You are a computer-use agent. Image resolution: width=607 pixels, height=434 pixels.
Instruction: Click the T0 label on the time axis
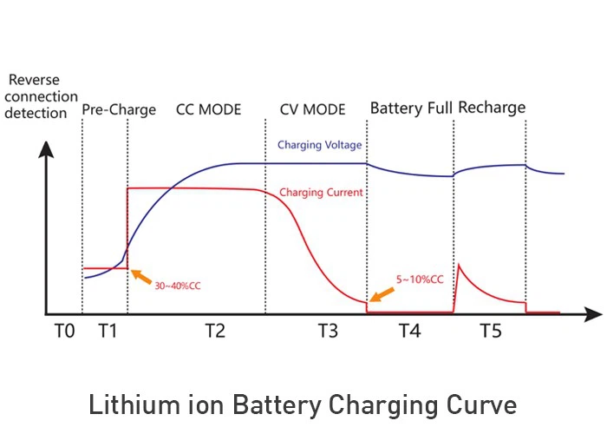click(63, 331)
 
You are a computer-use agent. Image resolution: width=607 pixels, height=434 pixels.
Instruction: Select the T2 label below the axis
click(215, 331)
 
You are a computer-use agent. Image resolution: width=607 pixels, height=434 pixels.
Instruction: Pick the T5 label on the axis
click(492, 331)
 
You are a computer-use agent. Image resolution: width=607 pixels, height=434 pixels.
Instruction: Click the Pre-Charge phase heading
click(119, 110)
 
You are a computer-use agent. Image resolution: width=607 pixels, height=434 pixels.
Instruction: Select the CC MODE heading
click(208, 110)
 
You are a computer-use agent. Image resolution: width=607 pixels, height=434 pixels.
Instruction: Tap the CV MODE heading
click(312, 110)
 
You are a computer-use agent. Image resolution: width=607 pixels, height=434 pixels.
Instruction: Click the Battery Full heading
click(410, 108)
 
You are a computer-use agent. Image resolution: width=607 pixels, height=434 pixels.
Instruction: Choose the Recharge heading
click(492, 108)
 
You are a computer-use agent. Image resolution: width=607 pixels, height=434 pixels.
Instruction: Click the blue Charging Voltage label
click(320, 145)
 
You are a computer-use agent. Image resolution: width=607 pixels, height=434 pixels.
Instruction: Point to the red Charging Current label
click(321, 193)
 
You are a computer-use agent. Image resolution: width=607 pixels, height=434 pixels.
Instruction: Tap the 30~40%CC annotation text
click(183, 285)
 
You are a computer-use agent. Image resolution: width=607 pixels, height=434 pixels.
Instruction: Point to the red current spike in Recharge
click(459, 266)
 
